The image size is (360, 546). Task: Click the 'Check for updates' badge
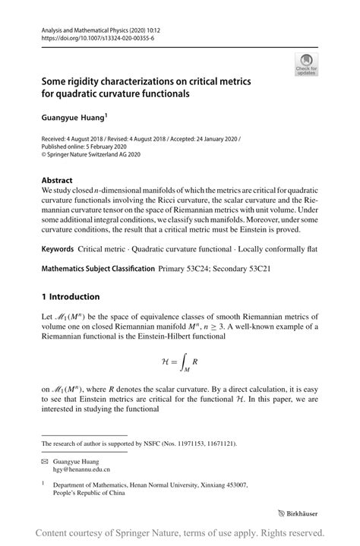coord(305,65)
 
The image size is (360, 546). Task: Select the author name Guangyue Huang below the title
coord(73,118)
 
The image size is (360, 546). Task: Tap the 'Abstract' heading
coord(57,181)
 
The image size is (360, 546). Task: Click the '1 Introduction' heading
coord(71,296)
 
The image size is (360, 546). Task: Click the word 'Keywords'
coord(58,248)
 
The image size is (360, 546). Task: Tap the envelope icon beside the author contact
coord(44,460)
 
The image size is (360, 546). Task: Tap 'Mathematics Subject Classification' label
coord(98,269)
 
